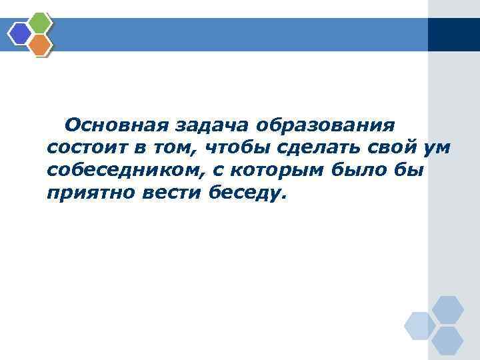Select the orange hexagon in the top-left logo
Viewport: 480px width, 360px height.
click(x=40, y=45)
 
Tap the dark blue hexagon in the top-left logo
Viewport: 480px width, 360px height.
click(x=20, y=33)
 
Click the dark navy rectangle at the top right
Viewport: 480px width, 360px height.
click(x=453, y=34)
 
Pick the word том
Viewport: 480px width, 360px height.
click(x=175, y=148)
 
